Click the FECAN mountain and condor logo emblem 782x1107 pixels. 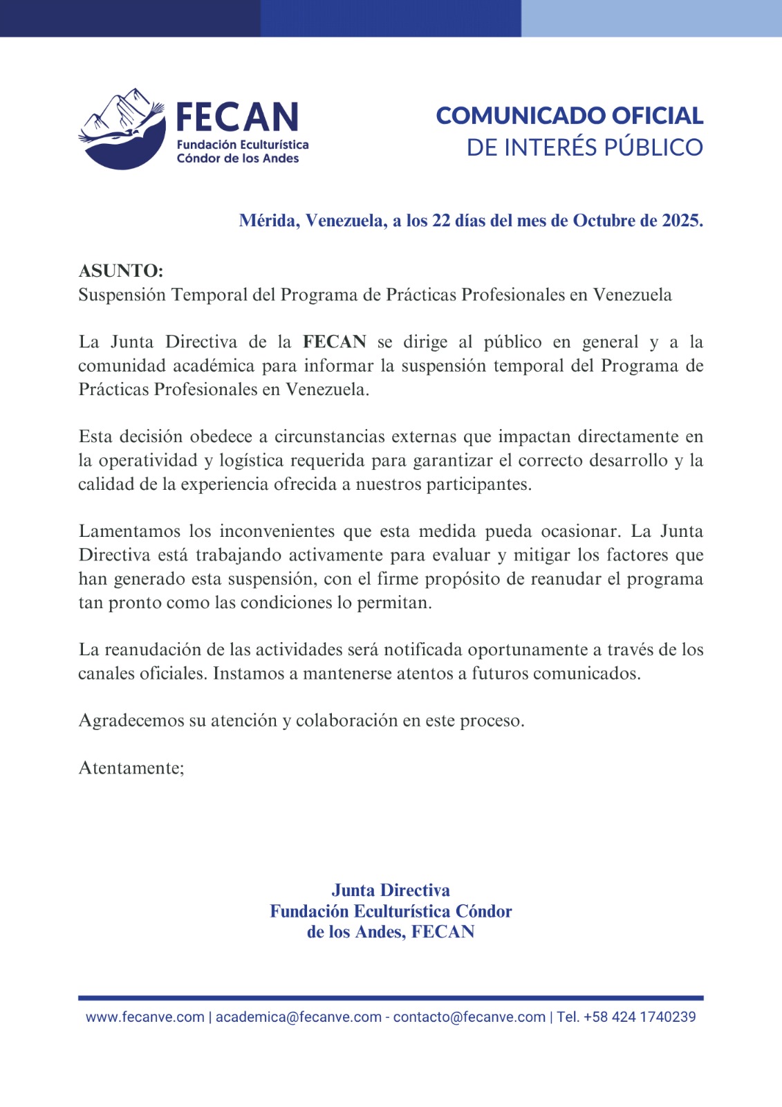[x=122, y=129]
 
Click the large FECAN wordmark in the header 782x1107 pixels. [x=237, y=118]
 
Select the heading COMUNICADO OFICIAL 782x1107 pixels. [x=569, y=116]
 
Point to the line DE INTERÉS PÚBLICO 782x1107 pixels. [x=584, y=147]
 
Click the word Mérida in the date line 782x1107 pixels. [x=269, y=221]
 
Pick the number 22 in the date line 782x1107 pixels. [x=442, y=221]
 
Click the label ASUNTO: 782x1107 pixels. [x=121, y=271]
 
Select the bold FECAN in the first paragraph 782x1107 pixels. [x=335, y=342]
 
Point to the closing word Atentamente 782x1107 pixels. [x=131, y=768]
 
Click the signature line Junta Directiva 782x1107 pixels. [x=391, y=890]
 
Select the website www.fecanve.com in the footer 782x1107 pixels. [x=145, y=1017]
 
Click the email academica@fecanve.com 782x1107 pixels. [x=299, y=1017]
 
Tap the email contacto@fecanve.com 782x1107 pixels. [x=469, y=1017]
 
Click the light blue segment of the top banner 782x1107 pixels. [x=651, y=18]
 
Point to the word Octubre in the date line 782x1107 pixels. [x=604, y=221]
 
